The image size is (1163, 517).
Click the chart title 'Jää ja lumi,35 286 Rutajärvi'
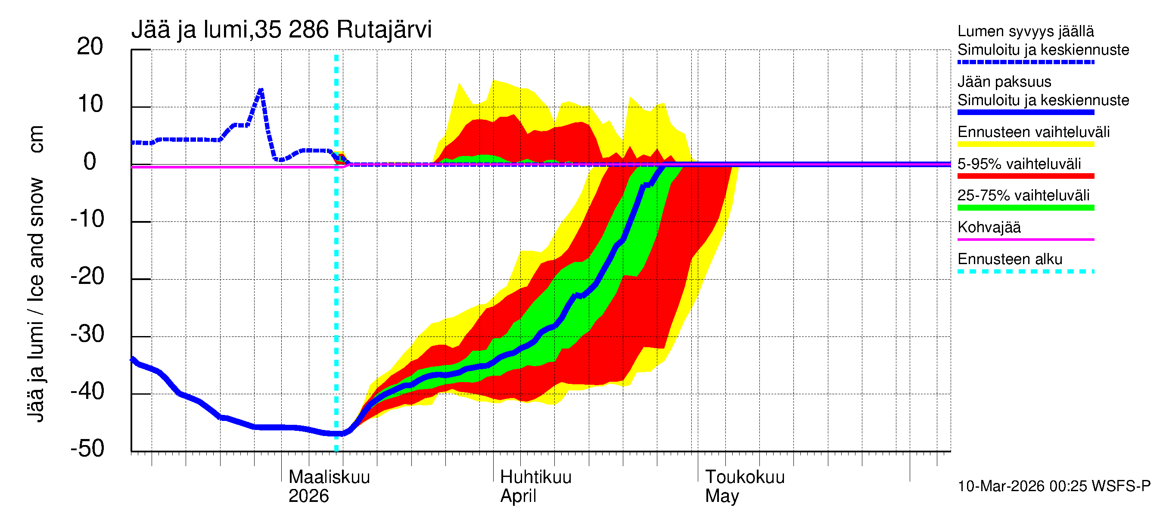pyautogui.click(x=281, y=30)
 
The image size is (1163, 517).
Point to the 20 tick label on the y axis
pyautogui.click(x=90, y=47)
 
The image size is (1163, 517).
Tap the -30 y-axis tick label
pyautogui.click(x=87, y=334)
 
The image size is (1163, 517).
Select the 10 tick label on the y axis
pyautogui.click(x=90, y=104)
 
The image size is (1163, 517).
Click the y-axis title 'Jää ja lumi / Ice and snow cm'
pyautogui.click(x=36, y=273)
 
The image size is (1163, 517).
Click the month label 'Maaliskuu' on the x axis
pyautogui.click(x=329, y=477)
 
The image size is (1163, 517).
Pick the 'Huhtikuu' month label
pyautogui.click(x=535, y=477)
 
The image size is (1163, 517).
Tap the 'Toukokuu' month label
pyautogui.click(x=745, y=477)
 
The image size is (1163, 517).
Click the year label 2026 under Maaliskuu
pyautogui.click(x=309, y=496)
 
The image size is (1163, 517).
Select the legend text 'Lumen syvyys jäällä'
pyautogui.click(x=1026, y=31)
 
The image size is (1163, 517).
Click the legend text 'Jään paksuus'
pyautogui.click(x=1004, y=82)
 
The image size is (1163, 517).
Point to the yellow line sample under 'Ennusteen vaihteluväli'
pyautogui.click(x=1026, y=144)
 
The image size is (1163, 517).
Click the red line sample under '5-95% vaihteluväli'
pyautogui.click(x=1026, y=176)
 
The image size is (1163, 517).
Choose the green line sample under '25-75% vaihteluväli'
pyautogui.click(x=1026, y=208)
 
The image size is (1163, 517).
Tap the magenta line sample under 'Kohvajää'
pyautogui.click(x=1026, y=239)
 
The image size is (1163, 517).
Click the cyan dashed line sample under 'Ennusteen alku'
pyautogui.click(x=1026, y=271)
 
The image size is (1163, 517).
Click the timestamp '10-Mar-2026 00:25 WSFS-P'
pyautogui.click(x=1054, y=486)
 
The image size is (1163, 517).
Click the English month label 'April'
pyautogui.click(x=518, y=496)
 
